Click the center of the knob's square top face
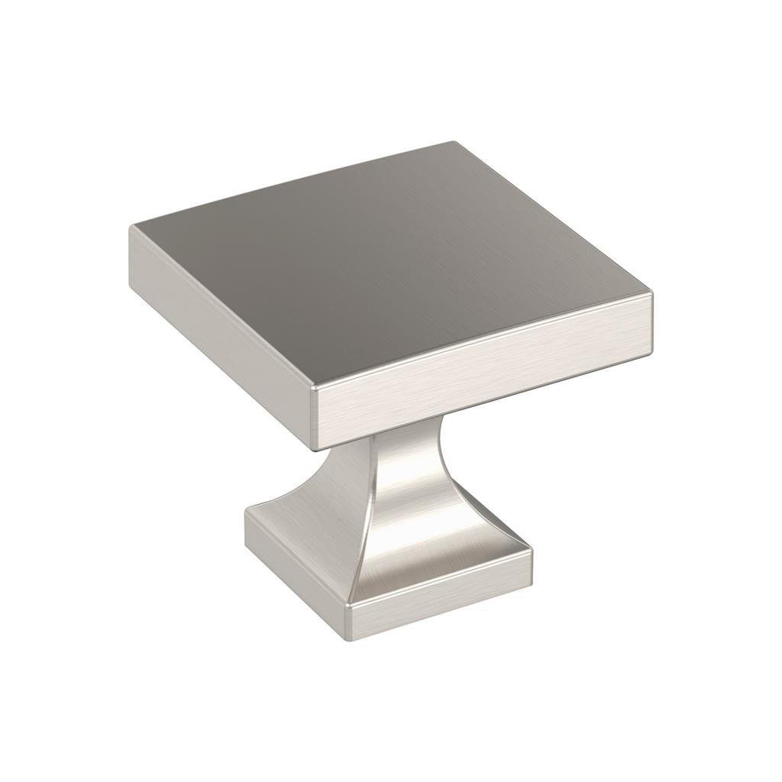pos(389,263)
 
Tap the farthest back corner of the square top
pos(452,143)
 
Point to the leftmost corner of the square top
pos(132,226)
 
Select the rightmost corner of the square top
pos(651,295)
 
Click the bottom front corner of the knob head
pos(318,448)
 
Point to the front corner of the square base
pos(347,607)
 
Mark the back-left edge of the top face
pos(290,184)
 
